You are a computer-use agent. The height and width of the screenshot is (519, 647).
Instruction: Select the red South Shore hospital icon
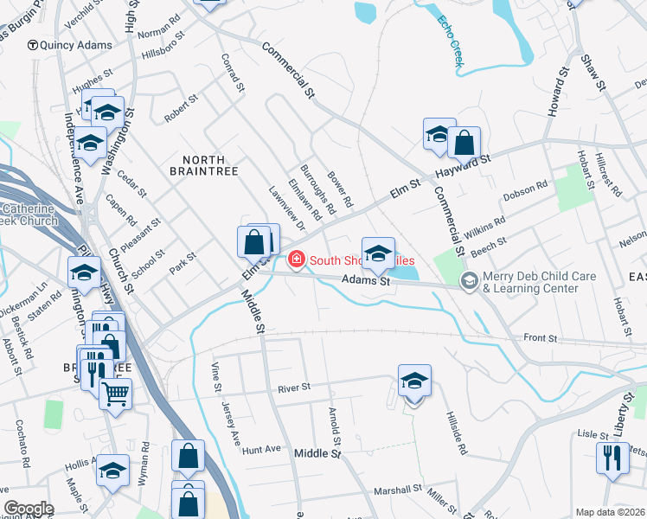[296, 259]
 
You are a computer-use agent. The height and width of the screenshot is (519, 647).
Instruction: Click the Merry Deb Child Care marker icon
[469, 280]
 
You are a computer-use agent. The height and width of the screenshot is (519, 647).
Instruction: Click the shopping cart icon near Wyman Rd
[115, 394]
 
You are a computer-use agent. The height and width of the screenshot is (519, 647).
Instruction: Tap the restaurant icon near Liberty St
[612, 457]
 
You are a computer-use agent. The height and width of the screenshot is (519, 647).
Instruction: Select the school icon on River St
[414, 380]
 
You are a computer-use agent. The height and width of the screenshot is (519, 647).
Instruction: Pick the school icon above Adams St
[377, 253]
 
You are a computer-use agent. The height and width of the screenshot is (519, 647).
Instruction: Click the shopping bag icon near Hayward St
[464, 143]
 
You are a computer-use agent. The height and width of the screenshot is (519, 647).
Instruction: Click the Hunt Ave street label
[262, 450]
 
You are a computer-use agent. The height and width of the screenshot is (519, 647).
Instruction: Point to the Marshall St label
[397, 490]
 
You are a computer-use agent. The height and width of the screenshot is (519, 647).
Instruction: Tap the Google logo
[29, 509]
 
